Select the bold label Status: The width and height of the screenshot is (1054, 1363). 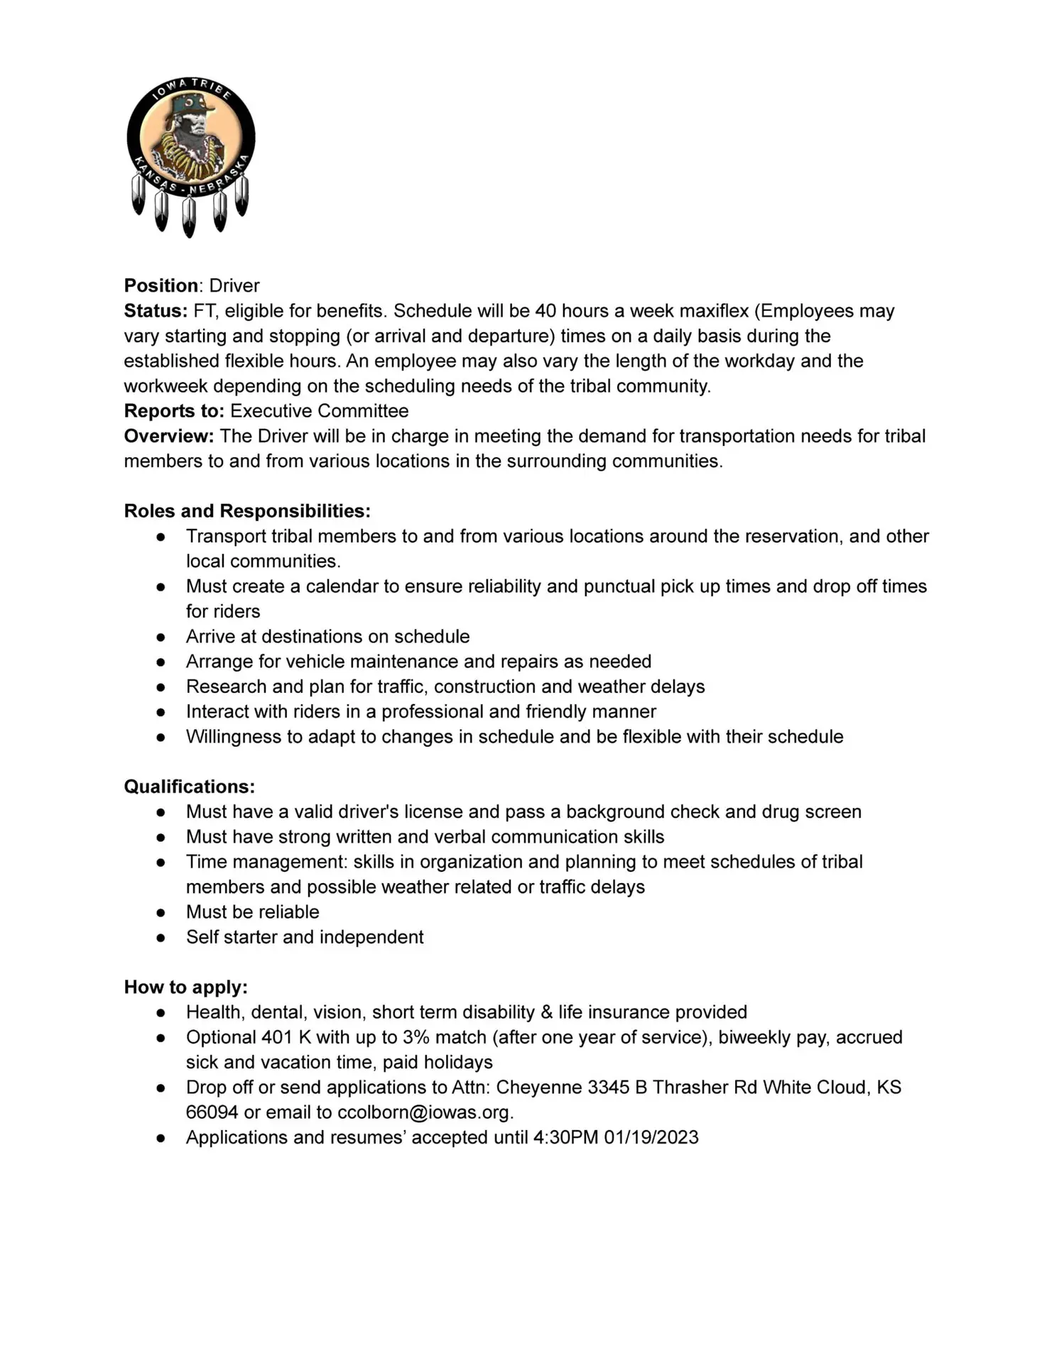click(156, 311)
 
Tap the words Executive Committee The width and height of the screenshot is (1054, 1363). click(319, 411)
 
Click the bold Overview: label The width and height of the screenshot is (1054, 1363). click(169, 436)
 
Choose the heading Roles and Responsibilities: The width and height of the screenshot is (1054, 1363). click(247, 511)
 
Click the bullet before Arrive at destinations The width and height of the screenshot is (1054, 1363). click(161, 637)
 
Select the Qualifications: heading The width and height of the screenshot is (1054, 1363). click(189, 787)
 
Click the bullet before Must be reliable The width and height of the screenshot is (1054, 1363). click(161, 912)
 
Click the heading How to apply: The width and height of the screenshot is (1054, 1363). click(185, 987)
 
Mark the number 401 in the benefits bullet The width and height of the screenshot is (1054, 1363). click(276, 1037)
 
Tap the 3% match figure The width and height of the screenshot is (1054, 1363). click(444, 1037)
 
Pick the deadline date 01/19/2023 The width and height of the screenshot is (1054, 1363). click(651, 1137)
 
